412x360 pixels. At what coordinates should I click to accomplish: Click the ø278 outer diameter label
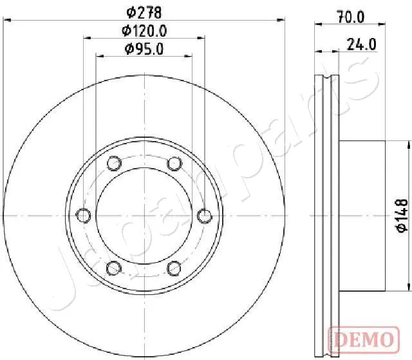tap(144, 12)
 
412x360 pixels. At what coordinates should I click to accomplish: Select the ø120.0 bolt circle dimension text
tap(144, 31)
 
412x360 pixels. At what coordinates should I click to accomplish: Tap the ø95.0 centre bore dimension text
tap(144, 49)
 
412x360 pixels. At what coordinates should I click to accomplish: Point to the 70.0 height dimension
tap(351, 17)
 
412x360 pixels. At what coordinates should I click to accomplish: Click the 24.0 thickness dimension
tap(362, 44)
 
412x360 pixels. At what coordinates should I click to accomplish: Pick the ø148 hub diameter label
tap(402, 216)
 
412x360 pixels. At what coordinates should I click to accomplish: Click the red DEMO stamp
tap(364, 339)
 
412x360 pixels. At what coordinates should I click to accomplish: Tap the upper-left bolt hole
tap(114, 163)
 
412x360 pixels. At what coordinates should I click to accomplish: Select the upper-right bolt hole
tap(174, 164)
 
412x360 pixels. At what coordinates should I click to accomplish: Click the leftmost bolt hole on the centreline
tap(83, 216)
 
